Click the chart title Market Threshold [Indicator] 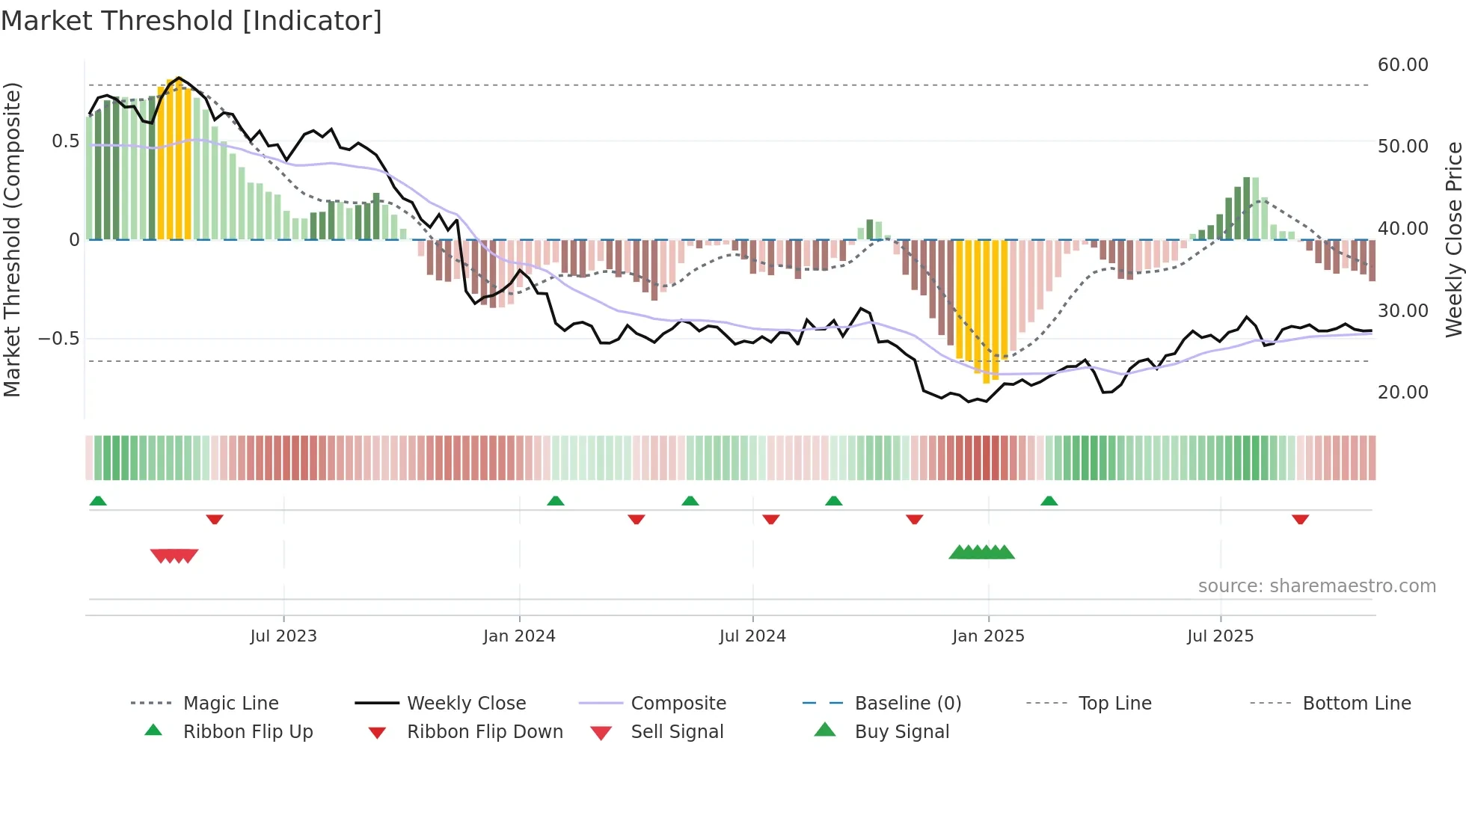coord(191,21)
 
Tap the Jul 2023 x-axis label coord(283,636)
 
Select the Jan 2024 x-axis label coord(519,636)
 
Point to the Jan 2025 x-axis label coord(988,636)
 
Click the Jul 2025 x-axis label coord(1220,636)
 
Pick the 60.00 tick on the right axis coord(1402,65)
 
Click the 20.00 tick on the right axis coord(1402,393)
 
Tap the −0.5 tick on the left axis coord(59,339)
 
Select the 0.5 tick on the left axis coord(65,141)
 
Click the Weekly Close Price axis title coord(1453,239)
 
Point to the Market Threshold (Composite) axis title coord(12,239)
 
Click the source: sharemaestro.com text coord(1316,586)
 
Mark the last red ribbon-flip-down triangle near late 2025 coord(1300,519)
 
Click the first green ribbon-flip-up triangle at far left coord(98,501)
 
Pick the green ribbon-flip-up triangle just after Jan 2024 coord(555,501)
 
